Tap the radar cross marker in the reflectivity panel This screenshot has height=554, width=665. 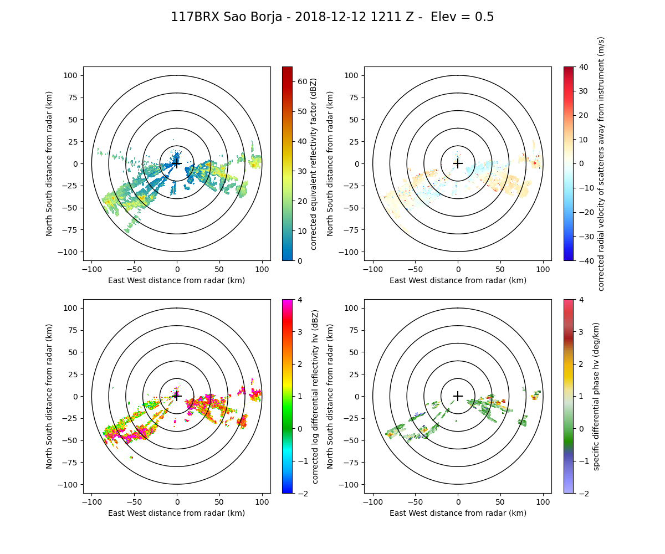[177, 163]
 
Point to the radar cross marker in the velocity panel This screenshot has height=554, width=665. [458, 163]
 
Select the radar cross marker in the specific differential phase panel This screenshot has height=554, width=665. [458, 396]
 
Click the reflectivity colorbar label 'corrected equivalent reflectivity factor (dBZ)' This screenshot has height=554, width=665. [314, 163]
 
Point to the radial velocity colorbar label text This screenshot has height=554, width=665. [601, 163]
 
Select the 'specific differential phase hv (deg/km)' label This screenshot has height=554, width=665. [596, 396]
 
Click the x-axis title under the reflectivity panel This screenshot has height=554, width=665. [177, 280]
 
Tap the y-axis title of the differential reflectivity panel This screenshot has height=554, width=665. [49, 396]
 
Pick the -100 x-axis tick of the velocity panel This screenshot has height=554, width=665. [373, 269]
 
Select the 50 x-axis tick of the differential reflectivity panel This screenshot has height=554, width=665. [219, 502]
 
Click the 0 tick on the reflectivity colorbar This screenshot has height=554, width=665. [298, 260]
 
